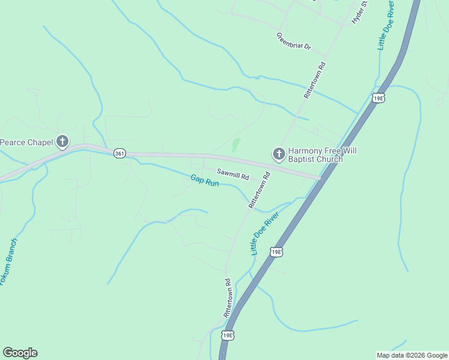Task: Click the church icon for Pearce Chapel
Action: [62, 142]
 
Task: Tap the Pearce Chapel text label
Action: [26, 142]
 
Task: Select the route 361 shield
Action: [119, 154]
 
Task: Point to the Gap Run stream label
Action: [205, 181]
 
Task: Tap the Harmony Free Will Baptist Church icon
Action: [279, 154]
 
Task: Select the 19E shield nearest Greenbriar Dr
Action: [378, 98]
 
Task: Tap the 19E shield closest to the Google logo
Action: [227, 335]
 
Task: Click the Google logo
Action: [20, 353]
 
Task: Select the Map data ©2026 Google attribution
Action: [412, 355]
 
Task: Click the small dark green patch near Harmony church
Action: [235, 144]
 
